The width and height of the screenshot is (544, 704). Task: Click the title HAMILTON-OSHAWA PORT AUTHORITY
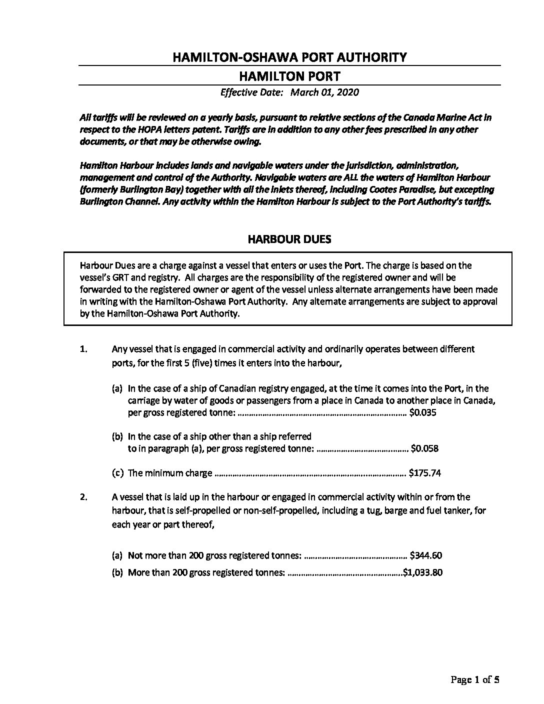point(289,57)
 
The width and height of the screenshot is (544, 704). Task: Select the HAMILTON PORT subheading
point(289,76)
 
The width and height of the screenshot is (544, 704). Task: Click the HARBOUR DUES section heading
point(289,239)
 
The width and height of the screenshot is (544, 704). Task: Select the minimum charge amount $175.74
point(424,473)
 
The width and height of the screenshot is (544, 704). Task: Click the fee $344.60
point(425,555)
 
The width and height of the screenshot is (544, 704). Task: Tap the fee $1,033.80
point(423,573)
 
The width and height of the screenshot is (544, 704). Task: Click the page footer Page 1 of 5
point(475,679)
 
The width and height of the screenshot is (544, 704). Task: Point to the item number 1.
point(83,349)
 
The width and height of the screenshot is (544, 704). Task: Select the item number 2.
point(83,497)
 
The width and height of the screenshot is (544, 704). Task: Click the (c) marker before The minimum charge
point(117,473)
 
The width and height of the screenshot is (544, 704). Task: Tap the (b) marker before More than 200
point(117,573)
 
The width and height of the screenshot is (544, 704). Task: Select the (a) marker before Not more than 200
point(117,555)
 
